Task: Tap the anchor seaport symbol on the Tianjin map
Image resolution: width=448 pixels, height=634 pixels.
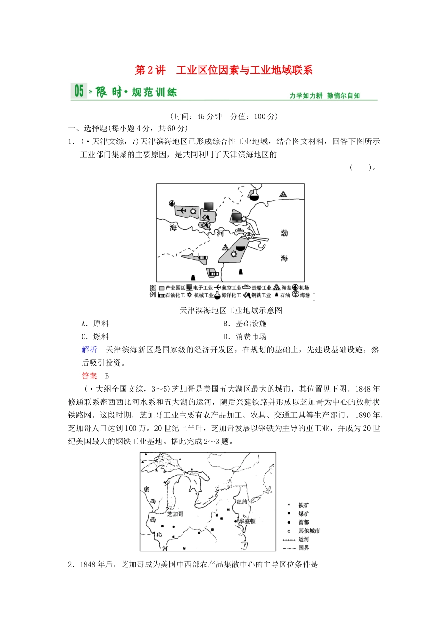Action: (249, 235)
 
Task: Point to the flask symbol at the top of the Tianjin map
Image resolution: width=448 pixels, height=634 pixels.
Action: (254, 194)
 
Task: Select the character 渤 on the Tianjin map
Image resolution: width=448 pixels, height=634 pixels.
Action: (284, 233)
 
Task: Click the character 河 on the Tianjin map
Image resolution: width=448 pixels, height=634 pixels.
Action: (220, 233)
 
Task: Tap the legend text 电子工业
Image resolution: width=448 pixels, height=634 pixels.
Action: (203, 288)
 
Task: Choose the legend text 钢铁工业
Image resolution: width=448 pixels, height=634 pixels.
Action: (261, 295)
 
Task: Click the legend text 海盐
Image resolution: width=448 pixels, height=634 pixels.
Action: (287, 288)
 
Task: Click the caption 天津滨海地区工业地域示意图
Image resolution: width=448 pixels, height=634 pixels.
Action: (231, 310)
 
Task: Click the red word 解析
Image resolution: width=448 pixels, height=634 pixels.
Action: (89, 350)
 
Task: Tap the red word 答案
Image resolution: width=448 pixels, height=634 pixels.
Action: (89, 376)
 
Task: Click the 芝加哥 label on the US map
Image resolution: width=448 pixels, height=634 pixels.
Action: (175, 514)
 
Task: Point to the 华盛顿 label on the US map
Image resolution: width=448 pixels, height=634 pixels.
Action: (247, 521)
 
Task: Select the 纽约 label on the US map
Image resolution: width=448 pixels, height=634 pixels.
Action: (242, 501)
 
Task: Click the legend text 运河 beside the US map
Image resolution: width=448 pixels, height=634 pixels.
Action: (304, 539)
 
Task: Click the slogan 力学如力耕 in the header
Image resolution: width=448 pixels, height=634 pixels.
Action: (306, 96)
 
